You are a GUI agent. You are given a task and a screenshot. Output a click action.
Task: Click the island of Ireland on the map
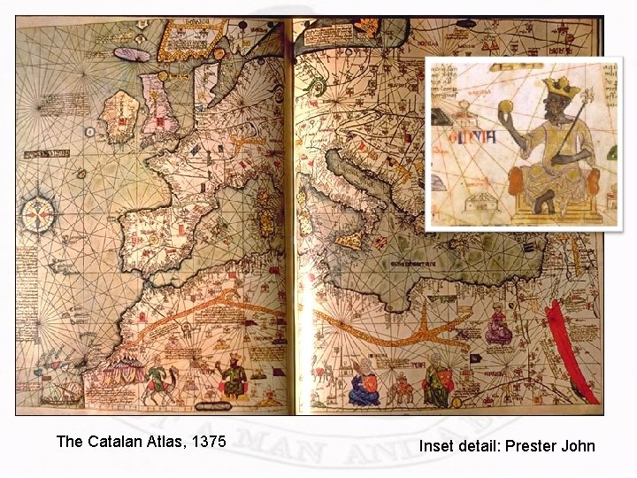[120, 113]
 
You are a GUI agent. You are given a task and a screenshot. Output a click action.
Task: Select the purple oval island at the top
[134, 54]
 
